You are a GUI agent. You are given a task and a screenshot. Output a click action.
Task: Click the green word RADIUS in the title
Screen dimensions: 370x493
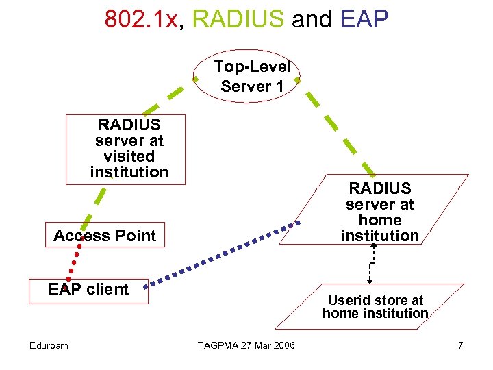pyautogui.click(x=238, y=18)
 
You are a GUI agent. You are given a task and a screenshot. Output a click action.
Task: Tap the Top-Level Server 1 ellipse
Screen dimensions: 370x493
pyautogui.click(x=252, y=77)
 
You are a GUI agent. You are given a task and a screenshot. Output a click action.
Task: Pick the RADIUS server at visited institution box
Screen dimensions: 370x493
pyautogui.click(x=126, y=149)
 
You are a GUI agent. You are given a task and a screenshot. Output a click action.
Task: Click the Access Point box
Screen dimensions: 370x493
pyautogui.click(x=105, y=235)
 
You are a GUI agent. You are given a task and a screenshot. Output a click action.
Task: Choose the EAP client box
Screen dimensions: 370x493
pyautogui.click(x=88, y=290)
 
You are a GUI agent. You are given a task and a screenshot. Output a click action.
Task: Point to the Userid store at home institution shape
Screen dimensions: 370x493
pyautogui.click(x=375, y=306)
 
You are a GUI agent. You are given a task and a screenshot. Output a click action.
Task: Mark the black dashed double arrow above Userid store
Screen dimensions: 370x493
pyautogui.click(x=370, y=263)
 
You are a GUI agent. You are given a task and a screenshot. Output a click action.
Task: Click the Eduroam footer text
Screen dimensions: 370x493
pyautogui.click(x=49, y=345)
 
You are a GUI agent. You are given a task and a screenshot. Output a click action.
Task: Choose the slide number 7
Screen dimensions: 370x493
pyautogui.click(x=461, y=345)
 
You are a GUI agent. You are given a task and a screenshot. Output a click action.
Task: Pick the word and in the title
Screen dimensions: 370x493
pyautogui.click(x=311, y=18)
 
